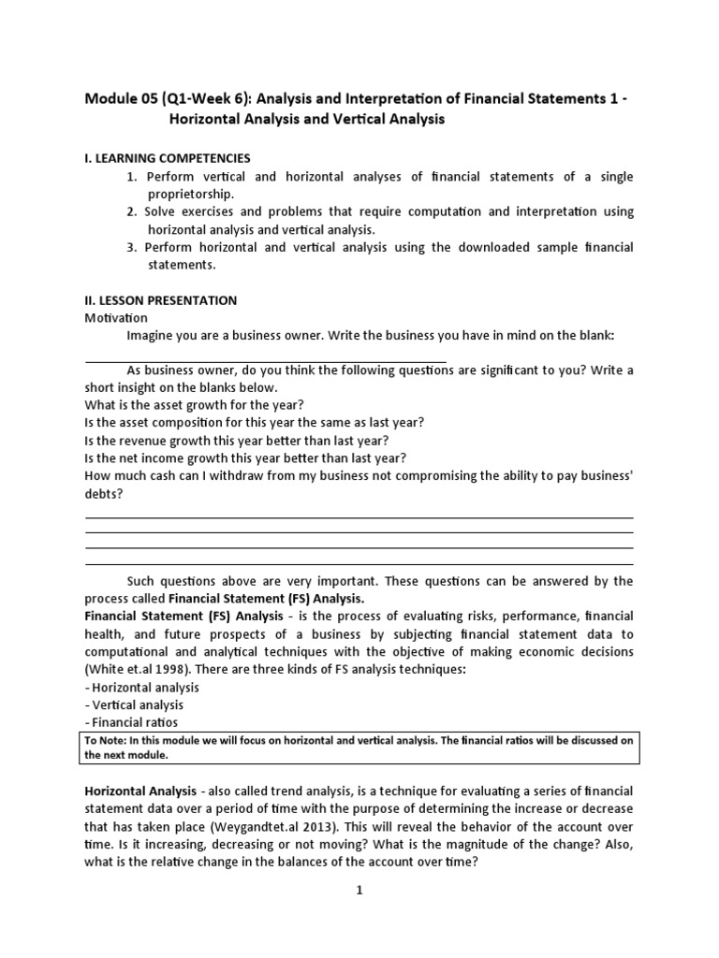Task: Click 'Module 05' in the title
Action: (x=121, y=100)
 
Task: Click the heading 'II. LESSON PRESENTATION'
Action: (x=160, y=300)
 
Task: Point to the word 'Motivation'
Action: (x=116, y=318)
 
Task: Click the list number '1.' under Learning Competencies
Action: (x=132, y=177)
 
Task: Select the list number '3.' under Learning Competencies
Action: (x=132, y=248)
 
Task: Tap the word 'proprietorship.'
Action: (x=191, y=194)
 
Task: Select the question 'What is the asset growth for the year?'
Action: (x=194, y=405)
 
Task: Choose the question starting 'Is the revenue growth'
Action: (x=236, y=440)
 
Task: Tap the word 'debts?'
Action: (x=103, y=493)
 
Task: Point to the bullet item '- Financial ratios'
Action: (x=131, y=722)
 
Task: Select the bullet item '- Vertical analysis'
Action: (x=134, y=704)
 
